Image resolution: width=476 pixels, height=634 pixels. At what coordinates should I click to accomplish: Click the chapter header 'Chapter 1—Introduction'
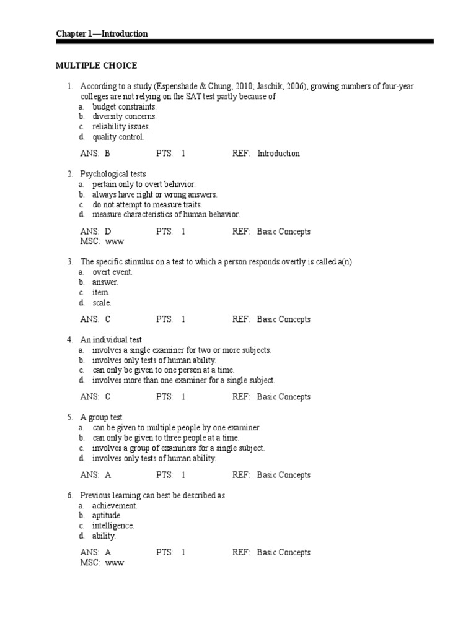coord(102,33)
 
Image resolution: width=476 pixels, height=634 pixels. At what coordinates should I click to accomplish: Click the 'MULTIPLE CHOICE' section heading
coord(96,66)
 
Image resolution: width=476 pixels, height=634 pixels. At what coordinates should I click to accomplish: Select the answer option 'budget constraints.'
coord(124,106)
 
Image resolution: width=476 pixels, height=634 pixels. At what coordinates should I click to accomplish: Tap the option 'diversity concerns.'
coord(124,116)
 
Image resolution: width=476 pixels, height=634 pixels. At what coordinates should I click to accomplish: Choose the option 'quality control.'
coord(118,137)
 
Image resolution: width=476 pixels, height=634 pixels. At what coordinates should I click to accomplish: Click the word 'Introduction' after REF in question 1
coord(278,154)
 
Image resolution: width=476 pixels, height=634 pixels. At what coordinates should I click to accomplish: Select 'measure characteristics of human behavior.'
coord(165,214)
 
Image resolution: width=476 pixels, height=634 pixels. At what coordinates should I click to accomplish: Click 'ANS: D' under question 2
coord(95,232)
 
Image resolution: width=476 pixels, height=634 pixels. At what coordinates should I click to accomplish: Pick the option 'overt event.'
coord(112,272)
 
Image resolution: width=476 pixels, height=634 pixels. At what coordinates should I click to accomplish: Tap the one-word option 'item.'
coord(101,292)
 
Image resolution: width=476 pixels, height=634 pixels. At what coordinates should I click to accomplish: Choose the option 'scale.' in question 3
coord(102,303)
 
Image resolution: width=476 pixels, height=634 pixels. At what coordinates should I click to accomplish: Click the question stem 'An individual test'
coord(111,340)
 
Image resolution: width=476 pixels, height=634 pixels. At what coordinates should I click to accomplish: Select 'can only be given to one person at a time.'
coord(163,370)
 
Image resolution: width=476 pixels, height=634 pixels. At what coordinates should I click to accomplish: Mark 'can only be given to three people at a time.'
coord(165,438)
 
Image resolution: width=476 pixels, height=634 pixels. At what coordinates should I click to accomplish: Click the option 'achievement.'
coord(115,505)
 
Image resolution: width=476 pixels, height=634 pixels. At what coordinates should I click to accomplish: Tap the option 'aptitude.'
coord(107,515)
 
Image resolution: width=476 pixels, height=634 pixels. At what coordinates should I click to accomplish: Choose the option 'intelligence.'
coord(113,526)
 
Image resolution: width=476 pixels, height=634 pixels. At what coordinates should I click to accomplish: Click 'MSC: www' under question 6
coord(102,563)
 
